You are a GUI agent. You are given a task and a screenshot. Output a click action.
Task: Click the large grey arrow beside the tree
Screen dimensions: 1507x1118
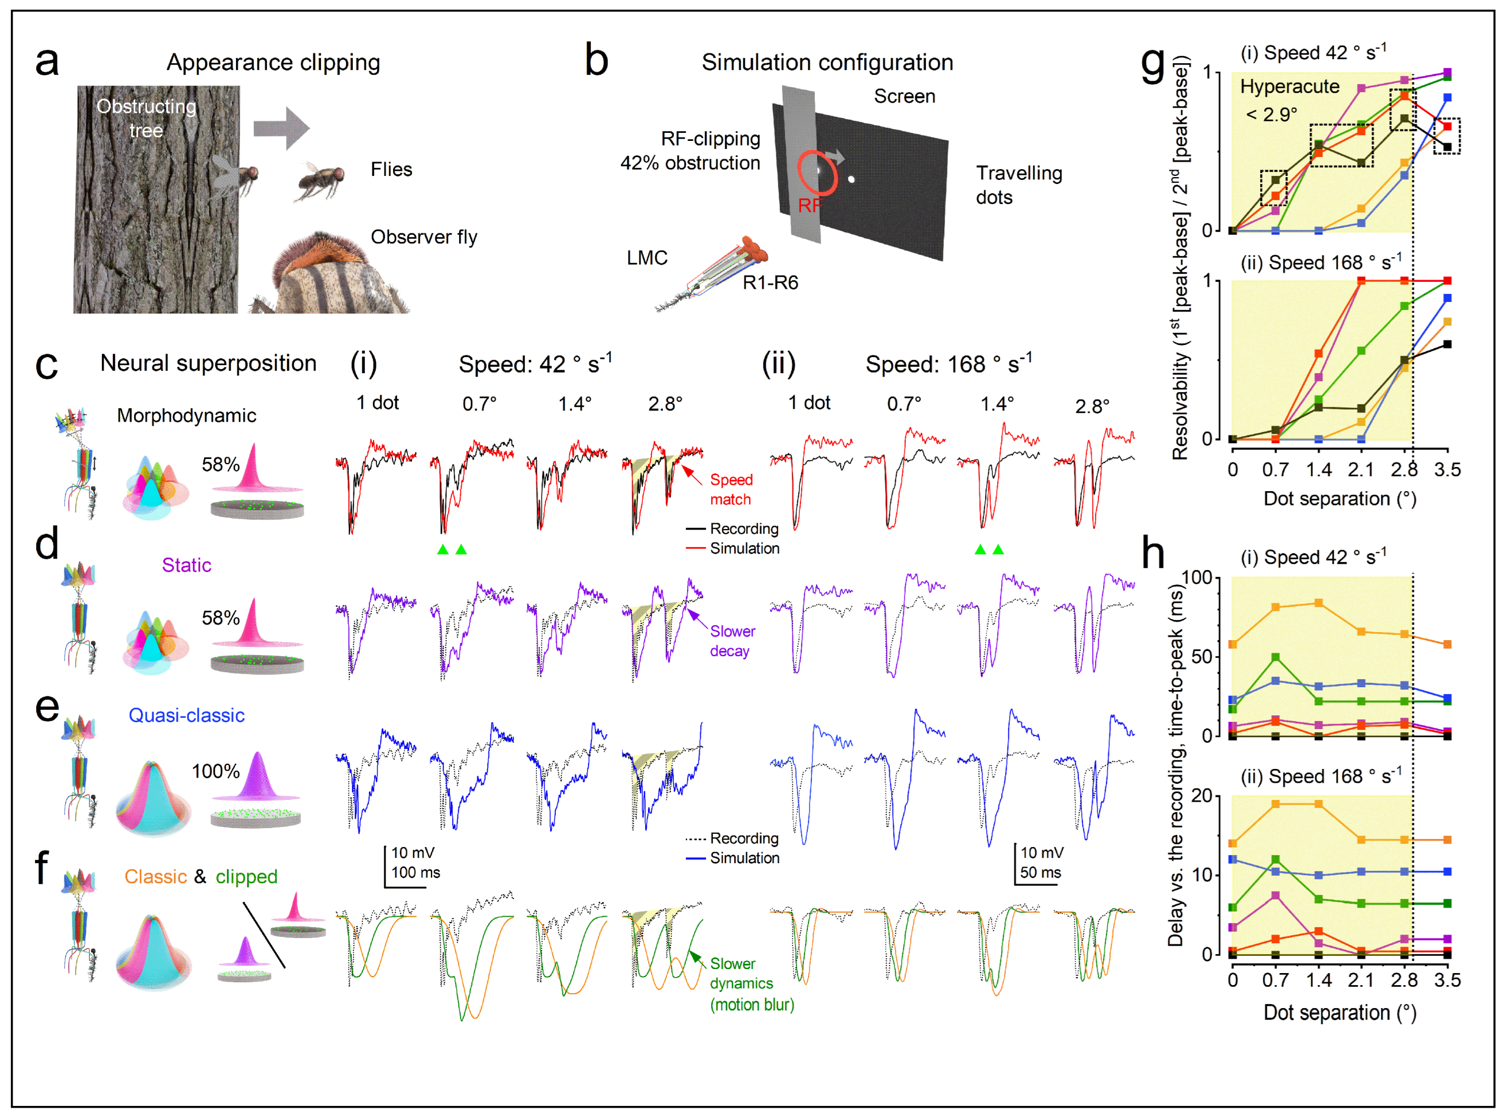coord(281,128)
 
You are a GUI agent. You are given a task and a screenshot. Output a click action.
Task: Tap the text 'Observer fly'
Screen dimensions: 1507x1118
coord(424,237)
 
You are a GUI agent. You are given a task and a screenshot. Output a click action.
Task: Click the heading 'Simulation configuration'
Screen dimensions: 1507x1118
coord(827,62)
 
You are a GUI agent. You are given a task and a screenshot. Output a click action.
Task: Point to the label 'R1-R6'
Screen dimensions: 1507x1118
coord(770,282)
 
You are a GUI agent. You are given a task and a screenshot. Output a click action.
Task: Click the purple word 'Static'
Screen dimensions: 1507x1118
coord(186,565)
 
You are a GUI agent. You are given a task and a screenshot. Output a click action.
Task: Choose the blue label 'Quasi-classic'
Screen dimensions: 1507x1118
coord(186,715)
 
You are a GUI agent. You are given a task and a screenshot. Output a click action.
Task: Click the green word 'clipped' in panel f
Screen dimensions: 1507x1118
coord(246,877)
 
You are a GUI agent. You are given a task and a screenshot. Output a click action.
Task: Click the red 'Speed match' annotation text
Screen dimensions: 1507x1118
coord(731,489)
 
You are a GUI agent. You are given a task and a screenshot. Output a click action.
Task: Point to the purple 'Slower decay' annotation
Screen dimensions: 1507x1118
coord(732,641)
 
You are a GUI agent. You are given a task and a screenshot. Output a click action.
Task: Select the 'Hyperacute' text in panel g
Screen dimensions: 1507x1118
coord(1289,87)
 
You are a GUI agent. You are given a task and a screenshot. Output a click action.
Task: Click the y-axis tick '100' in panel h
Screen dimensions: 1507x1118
coord(1197,578)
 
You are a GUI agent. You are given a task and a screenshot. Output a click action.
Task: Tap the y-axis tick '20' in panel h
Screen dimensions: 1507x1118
coord(1201,796)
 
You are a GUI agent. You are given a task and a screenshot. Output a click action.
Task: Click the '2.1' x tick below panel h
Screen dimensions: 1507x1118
coord(1361,980)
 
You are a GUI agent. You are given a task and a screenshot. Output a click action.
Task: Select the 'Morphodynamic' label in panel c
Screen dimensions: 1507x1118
coord(186,416)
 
